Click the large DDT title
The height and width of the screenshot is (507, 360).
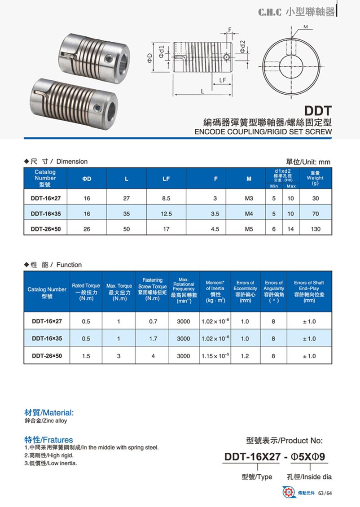[318, 110]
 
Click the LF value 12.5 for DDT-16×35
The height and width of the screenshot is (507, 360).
[166, 214]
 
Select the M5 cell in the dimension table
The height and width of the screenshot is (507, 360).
[249, 229]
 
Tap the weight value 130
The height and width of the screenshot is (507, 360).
[316, 229]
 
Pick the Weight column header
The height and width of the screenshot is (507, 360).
[315, 178]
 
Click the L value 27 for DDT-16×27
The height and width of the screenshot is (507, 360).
[127, 198]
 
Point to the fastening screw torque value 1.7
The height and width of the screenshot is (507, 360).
[153, 339]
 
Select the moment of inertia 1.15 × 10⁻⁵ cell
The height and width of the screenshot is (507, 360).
[216, 356]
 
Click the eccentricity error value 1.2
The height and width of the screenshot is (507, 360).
[245, 356]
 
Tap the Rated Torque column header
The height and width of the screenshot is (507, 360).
[86, 292]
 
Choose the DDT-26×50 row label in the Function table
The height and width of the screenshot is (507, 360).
[47, 356]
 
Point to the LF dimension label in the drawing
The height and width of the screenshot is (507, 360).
[222, 80]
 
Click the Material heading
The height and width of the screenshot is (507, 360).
[48, 413]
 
